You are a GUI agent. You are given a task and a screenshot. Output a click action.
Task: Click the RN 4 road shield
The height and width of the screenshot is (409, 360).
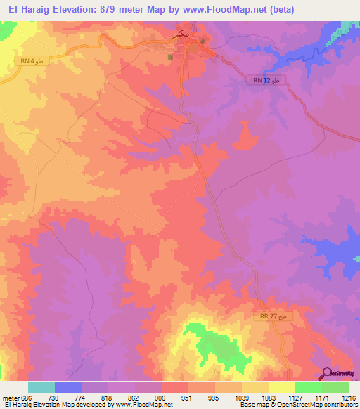click(33, 62)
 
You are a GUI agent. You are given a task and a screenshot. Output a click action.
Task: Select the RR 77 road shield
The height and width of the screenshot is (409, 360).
click(272, 317)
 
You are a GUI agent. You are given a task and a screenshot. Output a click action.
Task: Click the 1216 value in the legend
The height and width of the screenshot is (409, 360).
click(348, 398)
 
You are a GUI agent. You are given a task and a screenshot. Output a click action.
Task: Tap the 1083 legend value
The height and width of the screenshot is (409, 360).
click(268, 398)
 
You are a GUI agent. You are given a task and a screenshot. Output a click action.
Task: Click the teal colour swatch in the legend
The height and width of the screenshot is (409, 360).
click(41, 387)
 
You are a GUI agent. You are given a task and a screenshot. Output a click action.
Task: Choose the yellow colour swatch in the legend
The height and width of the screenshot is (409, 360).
click(282, 387)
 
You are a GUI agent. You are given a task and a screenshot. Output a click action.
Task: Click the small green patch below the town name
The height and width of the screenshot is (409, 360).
click(170, 58)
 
